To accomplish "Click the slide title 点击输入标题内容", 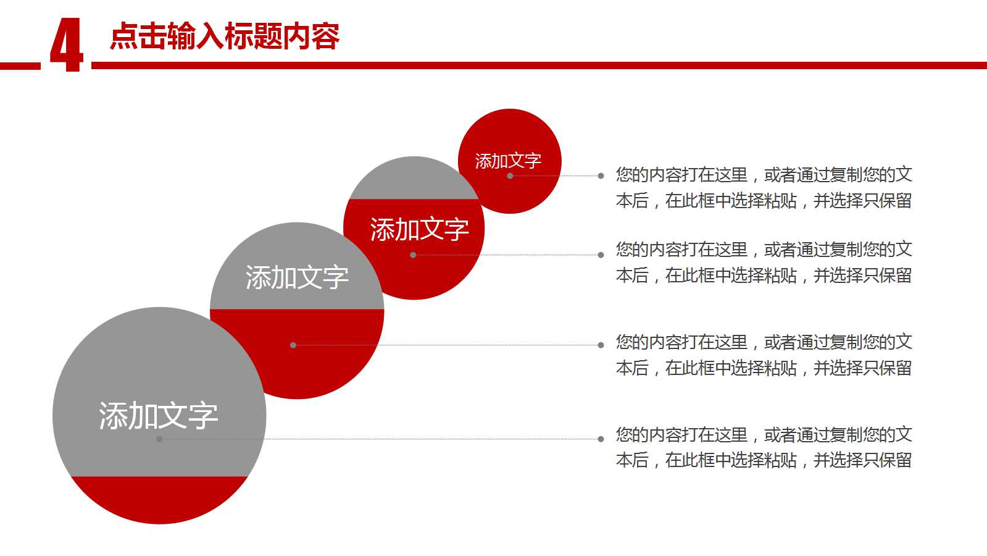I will [x=225, y=36].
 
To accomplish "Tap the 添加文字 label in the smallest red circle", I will [x=508, y=161].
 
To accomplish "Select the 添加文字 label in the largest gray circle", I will [x=159, y=416].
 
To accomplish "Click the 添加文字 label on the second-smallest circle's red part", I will [x=419, y=230].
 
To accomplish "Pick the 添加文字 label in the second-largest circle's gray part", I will [x=297, y=277].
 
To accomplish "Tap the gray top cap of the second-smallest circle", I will [x=414, y=180].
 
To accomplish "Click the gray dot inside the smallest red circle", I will [x=510, y=176].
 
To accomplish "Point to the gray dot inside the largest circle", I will [x=159, y=439].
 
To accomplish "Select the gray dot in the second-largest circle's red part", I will [x=293, y=345].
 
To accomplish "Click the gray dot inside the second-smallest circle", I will [x=413, y=255].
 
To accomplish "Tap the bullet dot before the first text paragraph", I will [x=601, y=176].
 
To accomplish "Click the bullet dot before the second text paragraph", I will [x=601, y=255].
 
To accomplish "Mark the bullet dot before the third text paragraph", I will [x=601, y=345].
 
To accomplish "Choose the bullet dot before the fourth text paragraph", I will [x=601, y=439].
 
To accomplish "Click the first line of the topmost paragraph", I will [x=764, y=175].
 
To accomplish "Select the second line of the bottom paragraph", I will [x=764, y=460].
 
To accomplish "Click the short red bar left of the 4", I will [x=20, y=65].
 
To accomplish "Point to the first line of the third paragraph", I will [x=764, y=342].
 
